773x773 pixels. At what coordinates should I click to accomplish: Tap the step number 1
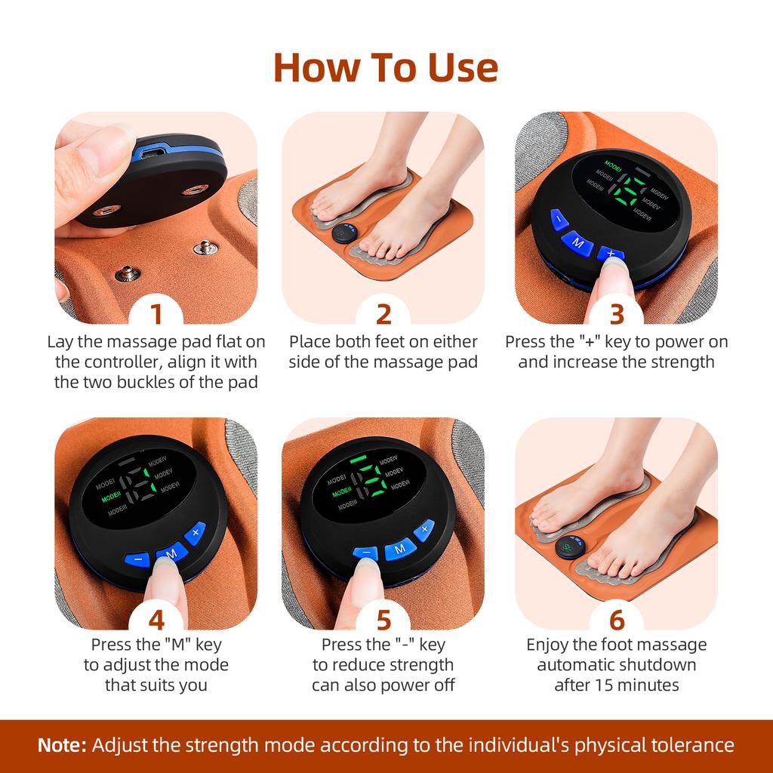coord(155,313)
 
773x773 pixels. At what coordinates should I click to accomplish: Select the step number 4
coord(156,619)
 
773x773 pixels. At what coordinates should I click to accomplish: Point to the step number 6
coord(617,619)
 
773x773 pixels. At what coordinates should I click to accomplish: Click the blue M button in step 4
coord(171,553)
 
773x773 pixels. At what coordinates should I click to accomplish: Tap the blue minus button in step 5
coord(365,553)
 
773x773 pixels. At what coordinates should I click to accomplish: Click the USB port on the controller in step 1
coord(146,154)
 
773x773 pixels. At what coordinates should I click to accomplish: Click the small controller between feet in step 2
coord(345,233)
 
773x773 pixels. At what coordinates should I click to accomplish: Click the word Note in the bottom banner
coord(62,745)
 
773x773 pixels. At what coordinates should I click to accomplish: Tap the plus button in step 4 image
coord(195,532)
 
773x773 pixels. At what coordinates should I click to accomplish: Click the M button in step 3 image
coord(577,243)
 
